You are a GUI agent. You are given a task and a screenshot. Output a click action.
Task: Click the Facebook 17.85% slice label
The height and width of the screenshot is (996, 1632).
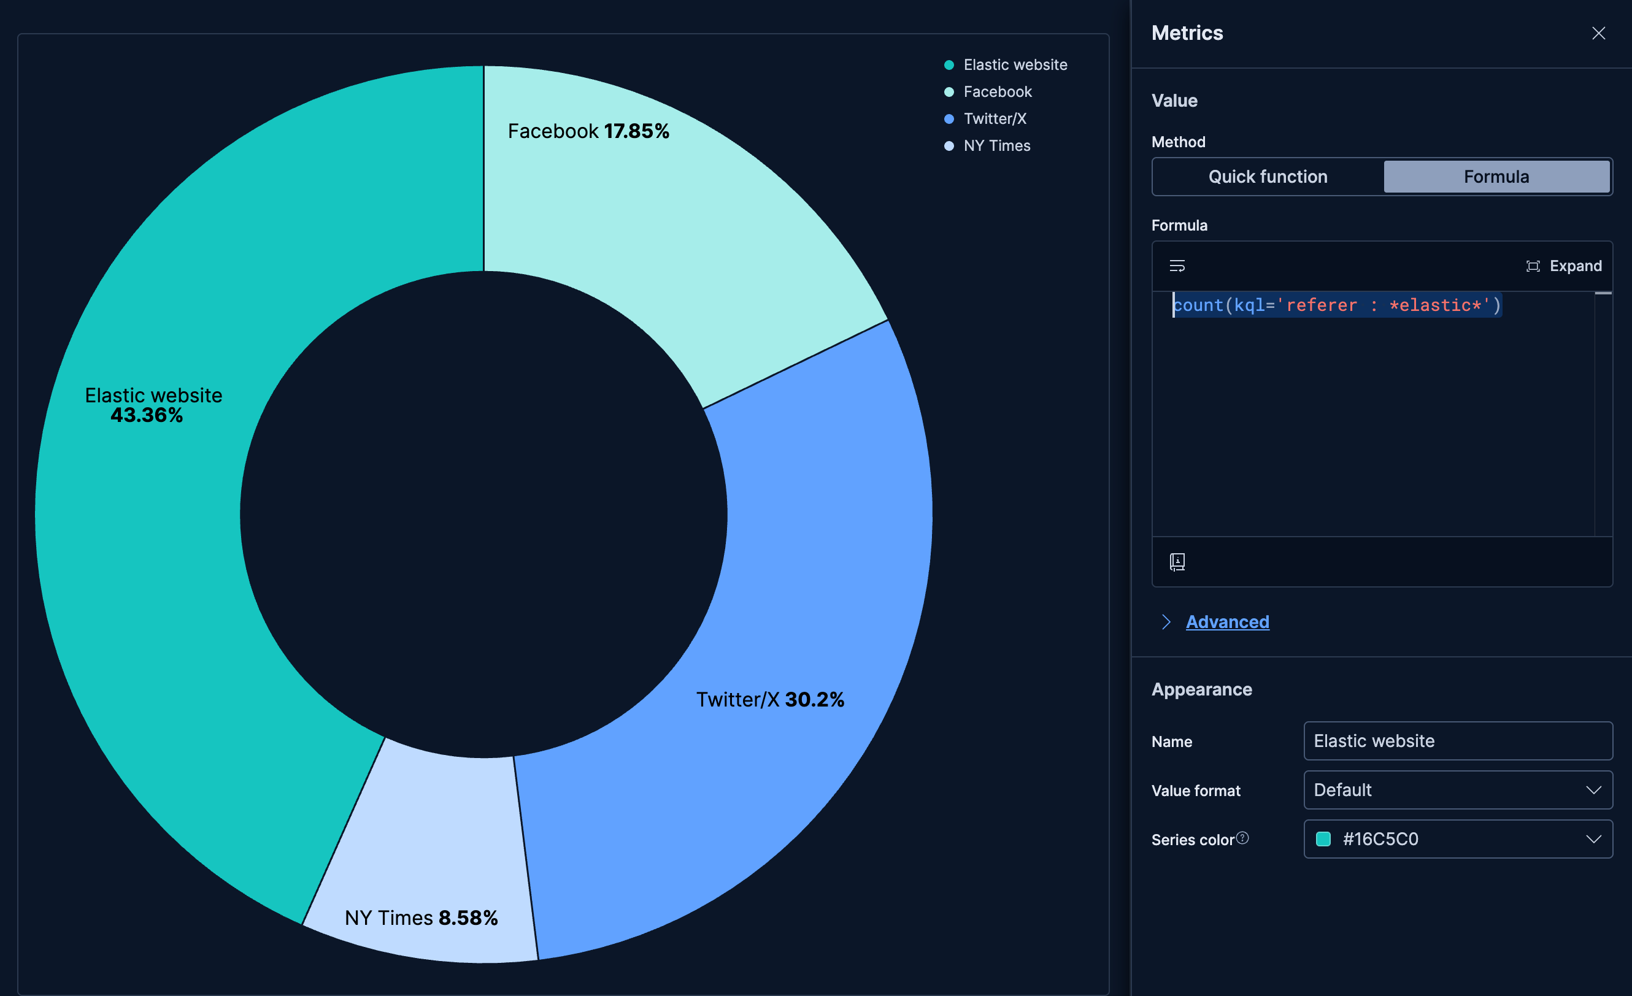(x=588, y=131)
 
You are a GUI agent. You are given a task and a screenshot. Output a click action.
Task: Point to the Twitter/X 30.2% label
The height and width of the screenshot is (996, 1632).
(x=769, y=699)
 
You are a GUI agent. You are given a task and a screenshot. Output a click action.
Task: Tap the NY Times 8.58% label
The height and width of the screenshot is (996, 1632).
(x=421, y=917)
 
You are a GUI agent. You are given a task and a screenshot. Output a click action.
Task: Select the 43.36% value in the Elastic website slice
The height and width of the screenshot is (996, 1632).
(x=147, y=415)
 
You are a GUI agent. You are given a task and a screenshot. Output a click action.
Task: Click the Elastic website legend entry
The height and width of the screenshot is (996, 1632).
(x=1015, y=65)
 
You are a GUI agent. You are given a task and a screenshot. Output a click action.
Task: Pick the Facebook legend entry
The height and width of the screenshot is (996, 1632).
(x=997, y=92)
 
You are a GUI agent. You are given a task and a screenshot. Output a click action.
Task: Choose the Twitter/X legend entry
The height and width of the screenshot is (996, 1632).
(x=994, y=118)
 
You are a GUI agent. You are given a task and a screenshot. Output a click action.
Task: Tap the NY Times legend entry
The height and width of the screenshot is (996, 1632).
(x=996, y=146)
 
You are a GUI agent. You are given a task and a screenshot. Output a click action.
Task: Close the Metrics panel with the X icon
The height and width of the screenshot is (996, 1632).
(x=1598, y=33)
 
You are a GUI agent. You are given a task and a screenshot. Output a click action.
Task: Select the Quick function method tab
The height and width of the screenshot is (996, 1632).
(x=1267, y=177)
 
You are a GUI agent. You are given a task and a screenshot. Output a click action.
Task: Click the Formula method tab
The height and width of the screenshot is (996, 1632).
(x=1496, y=177)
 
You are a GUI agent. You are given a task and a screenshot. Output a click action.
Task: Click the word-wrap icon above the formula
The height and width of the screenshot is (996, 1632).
(x=1177, y=266)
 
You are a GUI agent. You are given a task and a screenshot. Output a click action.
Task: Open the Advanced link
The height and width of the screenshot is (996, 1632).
(x=1226, y=622)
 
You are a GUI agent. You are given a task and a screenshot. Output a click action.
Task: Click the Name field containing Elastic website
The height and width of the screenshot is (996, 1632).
(x=1457, y=740)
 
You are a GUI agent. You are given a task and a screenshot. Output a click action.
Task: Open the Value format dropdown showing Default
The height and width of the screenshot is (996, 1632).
(x=1457, y=789)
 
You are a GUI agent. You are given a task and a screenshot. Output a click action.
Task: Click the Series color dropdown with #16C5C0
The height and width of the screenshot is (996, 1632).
(x=1457, y=839)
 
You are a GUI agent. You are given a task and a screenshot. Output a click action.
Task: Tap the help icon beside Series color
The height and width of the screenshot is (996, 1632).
(x=1242, y=838)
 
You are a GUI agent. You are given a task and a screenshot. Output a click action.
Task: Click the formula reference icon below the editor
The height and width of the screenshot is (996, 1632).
(x=1177, y=562)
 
